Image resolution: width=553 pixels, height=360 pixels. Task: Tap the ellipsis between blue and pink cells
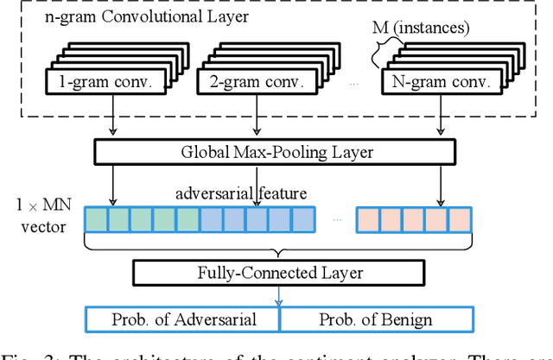[338, 219]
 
